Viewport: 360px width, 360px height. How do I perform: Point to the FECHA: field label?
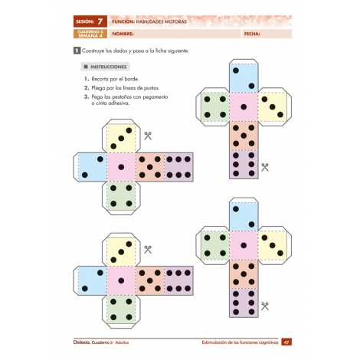click(252, 34)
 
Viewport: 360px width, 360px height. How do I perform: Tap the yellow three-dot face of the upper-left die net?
click(120, 138)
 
